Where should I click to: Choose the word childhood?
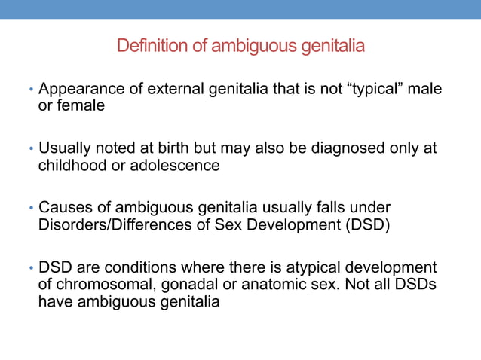click(x=72, y=165)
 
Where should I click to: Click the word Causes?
click(x=64, y=207)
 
